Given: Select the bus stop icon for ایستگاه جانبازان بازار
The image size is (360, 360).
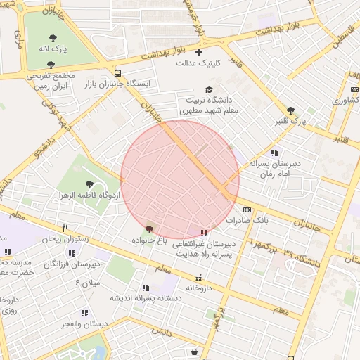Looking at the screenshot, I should [117, 72].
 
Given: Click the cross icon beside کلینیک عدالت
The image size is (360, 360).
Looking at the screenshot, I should [199, 52].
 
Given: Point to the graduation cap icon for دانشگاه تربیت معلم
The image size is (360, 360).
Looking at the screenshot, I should [208, 89].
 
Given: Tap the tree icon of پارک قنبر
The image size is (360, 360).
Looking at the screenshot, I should [290, 110].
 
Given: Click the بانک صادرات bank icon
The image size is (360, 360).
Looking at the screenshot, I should [247, 210].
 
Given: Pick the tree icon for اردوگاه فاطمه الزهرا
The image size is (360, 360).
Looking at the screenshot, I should [89, 184].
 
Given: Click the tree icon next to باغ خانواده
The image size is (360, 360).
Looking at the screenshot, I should [148, 229].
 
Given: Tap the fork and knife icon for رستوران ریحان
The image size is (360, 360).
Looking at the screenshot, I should [65, 228].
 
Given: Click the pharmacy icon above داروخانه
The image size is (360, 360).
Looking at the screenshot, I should [199, 278].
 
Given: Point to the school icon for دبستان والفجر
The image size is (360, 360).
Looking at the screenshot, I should [84, 313].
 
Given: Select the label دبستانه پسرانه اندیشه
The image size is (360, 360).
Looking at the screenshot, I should [145, 298].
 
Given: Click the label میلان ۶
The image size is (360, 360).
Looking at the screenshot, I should [87, 283].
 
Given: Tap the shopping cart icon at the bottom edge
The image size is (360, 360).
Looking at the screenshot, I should [194, 352].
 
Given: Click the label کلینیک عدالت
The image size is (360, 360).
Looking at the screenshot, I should [198, 63].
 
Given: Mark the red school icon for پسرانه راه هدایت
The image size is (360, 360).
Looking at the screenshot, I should [204, 233].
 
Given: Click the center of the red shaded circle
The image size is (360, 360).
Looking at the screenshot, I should [180, 179].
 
